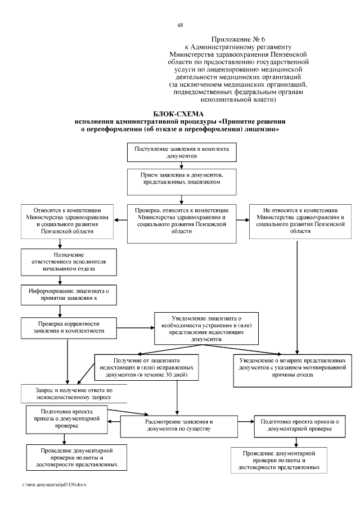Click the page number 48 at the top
coord(180,25)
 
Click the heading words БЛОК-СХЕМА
coord(179,114)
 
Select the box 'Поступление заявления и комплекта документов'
coord(181,152)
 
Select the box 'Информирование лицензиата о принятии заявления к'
coord(67,294)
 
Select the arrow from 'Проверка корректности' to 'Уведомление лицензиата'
coord(138,327)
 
